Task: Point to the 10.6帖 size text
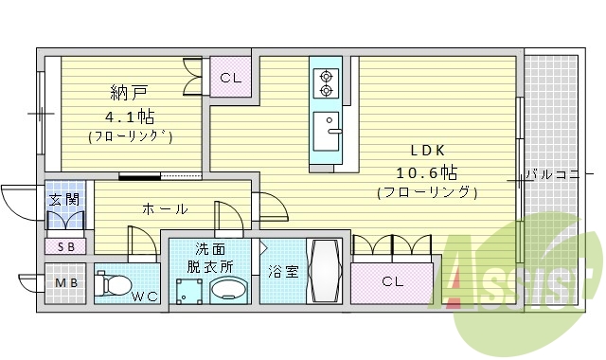click(427, 172)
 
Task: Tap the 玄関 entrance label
click(64, 200)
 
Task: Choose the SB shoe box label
click(65, 246)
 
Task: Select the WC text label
click(145, 297)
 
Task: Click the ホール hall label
click(165, 208)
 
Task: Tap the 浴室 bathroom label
click(282, 272)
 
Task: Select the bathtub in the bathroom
click(325, 271)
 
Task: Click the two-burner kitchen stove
click(328, 83)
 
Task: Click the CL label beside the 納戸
click(230, 79)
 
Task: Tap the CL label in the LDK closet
click(392, 281)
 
